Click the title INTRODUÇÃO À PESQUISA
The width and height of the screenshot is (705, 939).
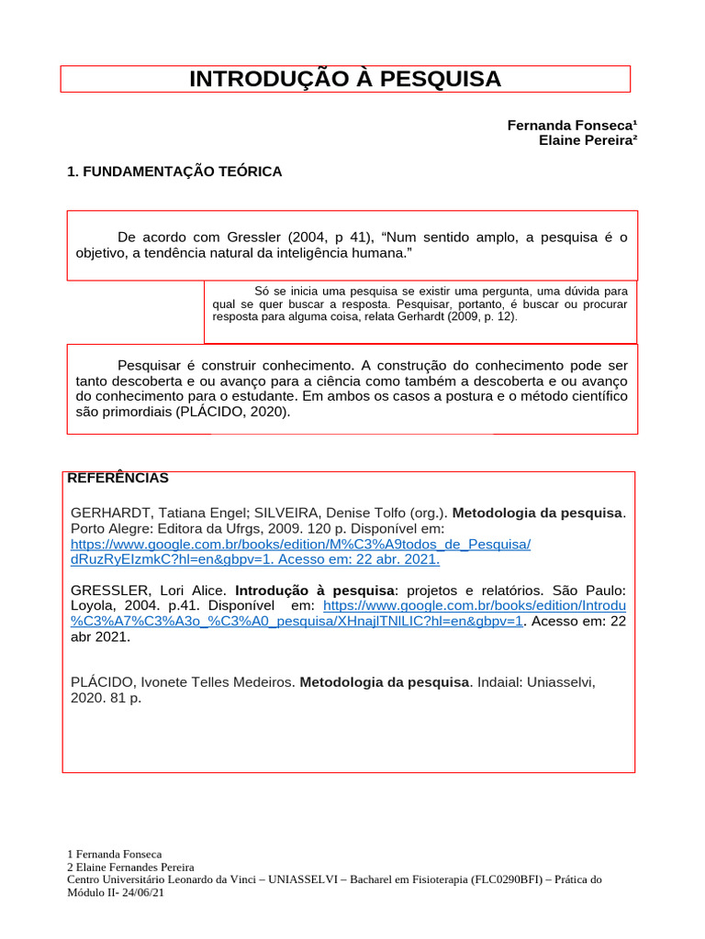point(345,79)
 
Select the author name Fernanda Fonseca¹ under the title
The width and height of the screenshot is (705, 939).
point(572,125)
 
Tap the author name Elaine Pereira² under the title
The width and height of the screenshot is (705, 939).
point(587,140)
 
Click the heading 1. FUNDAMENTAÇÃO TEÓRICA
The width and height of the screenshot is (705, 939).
point(174,171)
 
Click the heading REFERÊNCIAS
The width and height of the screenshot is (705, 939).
point(117,478)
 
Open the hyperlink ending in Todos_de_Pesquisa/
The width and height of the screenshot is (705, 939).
point(300,544)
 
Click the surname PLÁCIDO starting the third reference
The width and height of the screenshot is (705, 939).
point(103,682)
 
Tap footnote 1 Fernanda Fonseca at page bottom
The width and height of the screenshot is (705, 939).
point(115,854)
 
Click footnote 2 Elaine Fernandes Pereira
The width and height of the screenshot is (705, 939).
point(130,867)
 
